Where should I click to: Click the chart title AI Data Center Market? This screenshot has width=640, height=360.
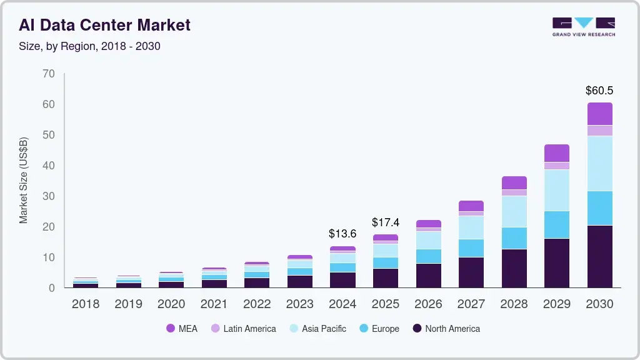[104, 25]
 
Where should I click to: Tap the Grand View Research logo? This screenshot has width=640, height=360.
[583, 26]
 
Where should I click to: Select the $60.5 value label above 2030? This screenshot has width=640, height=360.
[599, 91]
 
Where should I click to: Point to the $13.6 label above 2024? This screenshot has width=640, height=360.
[342, 234]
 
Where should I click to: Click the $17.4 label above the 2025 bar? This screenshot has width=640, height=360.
[386, 222]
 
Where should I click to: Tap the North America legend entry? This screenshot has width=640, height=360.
[446, 329]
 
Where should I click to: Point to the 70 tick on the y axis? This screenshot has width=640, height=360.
[49, 74]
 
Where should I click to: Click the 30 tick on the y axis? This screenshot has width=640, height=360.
[49, 196]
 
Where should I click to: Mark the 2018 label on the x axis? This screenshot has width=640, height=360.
[85, 304]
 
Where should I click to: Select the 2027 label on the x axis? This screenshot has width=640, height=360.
[471, 304]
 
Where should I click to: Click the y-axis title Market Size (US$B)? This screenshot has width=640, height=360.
[24, 180]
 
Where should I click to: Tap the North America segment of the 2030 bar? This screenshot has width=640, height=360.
[599, 256]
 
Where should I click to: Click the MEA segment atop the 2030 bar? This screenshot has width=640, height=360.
[599, 114]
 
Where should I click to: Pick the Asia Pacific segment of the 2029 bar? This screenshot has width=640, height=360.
[556, 190]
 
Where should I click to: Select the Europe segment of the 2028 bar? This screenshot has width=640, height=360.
[514, 238]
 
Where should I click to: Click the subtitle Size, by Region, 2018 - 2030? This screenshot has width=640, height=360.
[89, 46]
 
